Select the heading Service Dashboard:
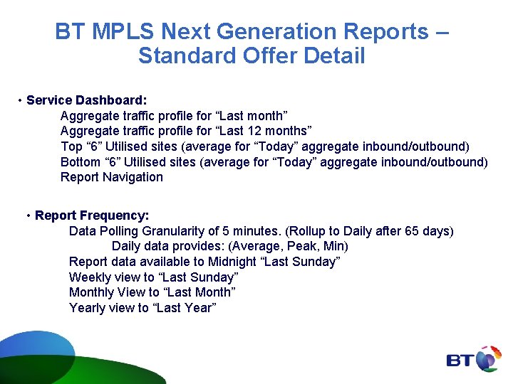click(86, 100)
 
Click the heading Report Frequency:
click(92, 215)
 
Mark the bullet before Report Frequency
click(28, 215)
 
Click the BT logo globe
click(488, 359)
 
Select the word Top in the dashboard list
click(71, 146)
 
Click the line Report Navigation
click(112, 177)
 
